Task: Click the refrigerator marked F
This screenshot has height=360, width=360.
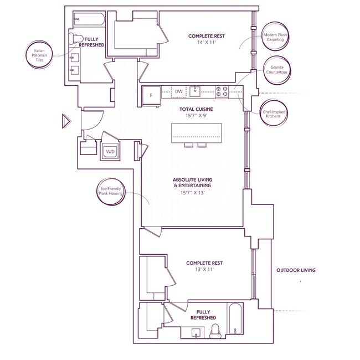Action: click(151, 95)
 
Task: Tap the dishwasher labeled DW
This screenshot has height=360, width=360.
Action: click(179, 91)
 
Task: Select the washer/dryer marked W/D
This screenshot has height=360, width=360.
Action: click(110, 151)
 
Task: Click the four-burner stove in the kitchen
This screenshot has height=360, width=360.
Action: click(222, 91)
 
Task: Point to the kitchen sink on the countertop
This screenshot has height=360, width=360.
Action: click(195, 91)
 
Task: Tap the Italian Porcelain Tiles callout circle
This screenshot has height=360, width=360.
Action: click(39, 55)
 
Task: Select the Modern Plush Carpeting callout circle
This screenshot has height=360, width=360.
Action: click(275, 37)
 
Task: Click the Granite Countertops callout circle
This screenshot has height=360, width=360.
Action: click(277, 70)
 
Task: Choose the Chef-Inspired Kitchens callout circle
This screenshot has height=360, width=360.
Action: click(274, 113)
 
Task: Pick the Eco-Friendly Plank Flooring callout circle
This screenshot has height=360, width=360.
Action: click(110, 192)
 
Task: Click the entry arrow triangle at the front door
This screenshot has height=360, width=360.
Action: click(66, 121)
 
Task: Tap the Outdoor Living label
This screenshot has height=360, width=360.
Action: click(296, 270)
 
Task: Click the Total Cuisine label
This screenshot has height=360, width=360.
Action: click(196, 109)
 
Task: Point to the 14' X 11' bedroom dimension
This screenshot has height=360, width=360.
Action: click(207, 42)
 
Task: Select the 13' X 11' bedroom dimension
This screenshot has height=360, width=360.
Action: click(204, 269)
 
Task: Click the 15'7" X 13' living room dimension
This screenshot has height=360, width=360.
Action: click(192, 193)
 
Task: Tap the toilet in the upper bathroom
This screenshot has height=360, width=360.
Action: click(76, 39)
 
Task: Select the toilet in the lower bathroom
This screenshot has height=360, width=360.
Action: click(215, 331)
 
